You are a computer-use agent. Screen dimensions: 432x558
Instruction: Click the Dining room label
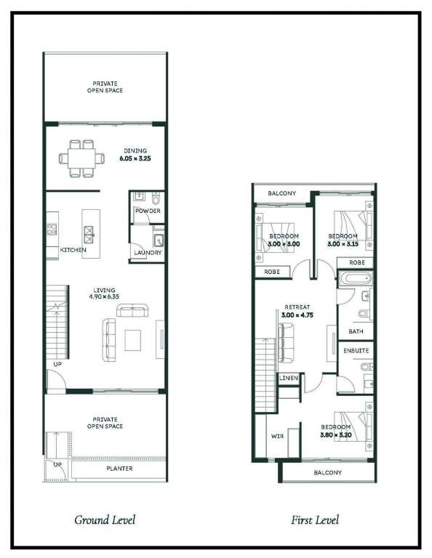(135, 151)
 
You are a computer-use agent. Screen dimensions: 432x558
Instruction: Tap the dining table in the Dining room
(81, 158)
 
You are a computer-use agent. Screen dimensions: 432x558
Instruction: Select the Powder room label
(148, 211)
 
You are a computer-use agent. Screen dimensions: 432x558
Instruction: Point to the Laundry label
(148, 253)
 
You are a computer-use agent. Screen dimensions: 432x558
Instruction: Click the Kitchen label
(73, 250)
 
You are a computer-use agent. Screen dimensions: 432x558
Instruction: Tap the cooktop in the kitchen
(52, 229)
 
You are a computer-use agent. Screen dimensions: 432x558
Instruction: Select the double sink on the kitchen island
(88, 234)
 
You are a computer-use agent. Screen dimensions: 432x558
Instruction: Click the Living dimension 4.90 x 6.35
(104, 296)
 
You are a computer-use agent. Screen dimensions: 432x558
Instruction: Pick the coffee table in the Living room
(132, 340)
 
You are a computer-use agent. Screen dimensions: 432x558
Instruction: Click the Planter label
(119, 469)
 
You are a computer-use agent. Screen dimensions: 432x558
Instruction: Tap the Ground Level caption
(105, 520)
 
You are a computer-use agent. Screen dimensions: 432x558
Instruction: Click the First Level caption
(315, 520)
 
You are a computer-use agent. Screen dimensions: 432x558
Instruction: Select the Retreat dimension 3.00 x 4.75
(297, 315)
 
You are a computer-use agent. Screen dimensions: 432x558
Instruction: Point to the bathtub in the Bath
(355, 279)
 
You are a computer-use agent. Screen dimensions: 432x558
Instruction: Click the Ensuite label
(356, 351)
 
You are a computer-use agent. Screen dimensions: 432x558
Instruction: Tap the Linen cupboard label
(289, 378)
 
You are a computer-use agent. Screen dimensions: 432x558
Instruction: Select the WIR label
(277, 436)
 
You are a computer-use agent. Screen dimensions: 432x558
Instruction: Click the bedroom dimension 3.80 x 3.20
(336, 435)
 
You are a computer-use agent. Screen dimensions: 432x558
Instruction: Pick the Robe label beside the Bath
(357, 262)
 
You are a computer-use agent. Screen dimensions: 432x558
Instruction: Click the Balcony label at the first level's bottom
(328, 472)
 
